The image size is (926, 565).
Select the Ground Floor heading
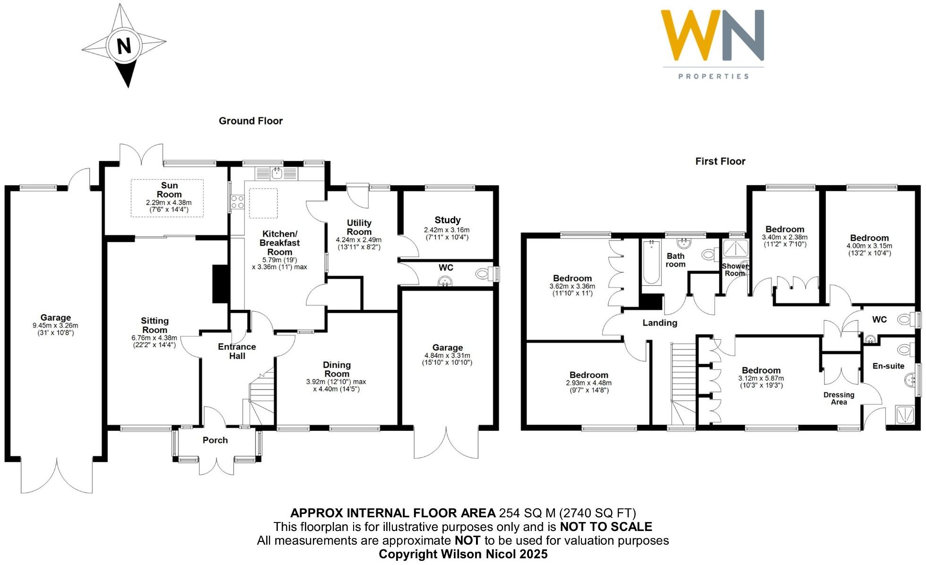pos(251,121)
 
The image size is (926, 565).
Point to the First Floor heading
pos(720,162)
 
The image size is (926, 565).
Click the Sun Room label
pos(169,190)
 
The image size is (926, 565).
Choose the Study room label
pos(447,220)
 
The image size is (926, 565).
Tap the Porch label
pos(215,440)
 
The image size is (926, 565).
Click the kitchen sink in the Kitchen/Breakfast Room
pos(277,173)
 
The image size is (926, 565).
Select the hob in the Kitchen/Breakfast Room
pos(237,202)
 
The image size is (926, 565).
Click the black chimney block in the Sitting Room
pos(220,283)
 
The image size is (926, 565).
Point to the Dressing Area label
pos(839,398)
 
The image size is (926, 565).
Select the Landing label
pos(659,323)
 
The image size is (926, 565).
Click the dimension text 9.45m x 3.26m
pos(55,325)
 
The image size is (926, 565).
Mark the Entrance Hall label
pos(237,351)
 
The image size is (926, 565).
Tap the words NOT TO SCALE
pos(606,527)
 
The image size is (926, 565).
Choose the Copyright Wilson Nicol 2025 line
pos(463,554)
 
